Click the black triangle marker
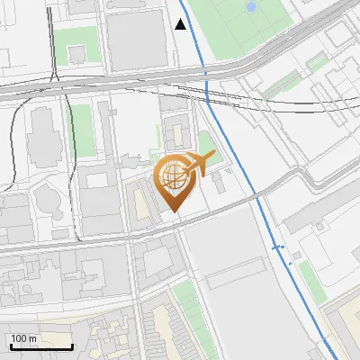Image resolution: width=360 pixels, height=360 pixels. point(181,24)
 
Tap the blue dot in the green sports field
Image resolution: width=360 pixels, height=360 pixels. point(250,6)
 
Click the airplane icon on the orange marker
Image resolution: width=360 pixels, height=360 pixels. point(198,164)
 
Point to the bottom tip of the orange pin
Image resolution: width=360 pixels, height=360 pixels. point(174,213)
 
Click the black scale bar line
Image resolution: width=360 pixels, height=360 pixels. point(41,346)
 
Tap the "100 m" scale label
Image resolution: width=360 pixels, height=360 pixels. point(23,338)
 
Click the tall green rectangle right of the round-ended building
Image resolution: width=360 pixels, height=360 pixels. point(83,130)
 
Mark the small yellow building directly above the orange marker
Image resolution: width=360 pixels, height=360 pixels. point(176,137)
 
